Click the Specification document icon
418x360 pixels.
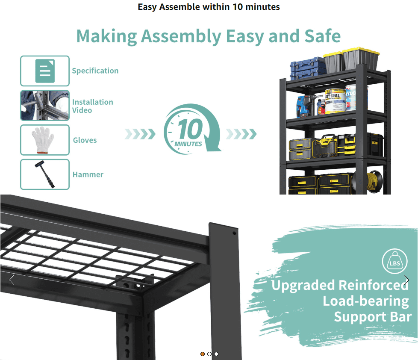[45, 71]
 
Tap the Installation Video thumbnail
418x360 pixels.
[45, 106]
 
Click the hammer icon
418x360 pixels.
[45, 174]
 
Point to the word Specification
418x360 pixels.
[95, 71]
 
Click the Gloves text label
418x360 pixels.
[85, 140]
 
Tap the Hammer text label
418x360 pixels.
[88, 174]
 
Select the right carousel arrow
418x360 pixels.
[406, 280]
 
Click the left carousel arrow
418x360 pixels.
[12, 280]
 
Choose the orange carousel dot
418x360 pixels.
[203, 354]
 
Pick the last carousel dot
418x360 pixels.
[216, 354]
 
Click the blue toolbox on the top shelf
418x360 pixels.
[307, 68]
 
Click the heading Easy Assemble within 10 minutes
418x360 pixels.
[209, 7]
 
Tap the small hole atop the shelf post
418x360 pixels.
[234, 233]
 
